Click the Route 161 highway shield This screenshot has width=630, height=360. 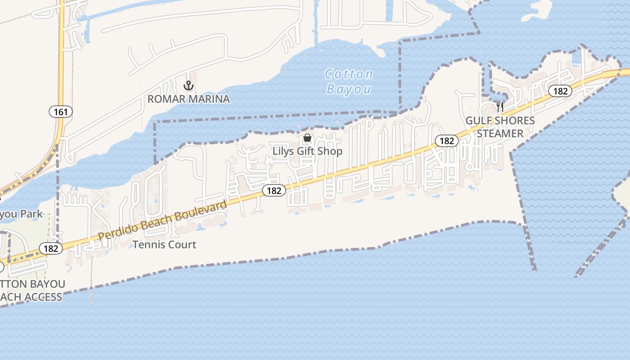[61, 112]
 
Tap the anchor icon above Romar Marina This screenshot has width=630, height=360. [189, 85]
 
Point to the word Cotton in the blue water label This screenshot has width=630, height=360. [349, 74]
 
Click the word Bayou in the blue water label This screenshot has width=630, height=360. [349, 89]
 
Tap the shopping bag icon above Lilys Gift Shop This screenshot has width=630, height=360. [307, 138]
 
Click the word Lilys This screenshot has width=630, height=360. [283, 151]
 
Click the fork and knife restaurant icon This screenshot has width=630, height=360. [500, 107]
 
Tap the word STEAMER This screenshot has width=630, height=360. [500, 134]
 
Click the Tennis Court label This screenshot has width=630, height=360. [164, 245]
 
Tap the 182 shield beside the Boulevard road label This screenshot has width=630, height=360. [274, 190]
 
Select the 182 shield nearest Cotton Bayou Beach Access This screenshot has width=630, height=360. [50, 248]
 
